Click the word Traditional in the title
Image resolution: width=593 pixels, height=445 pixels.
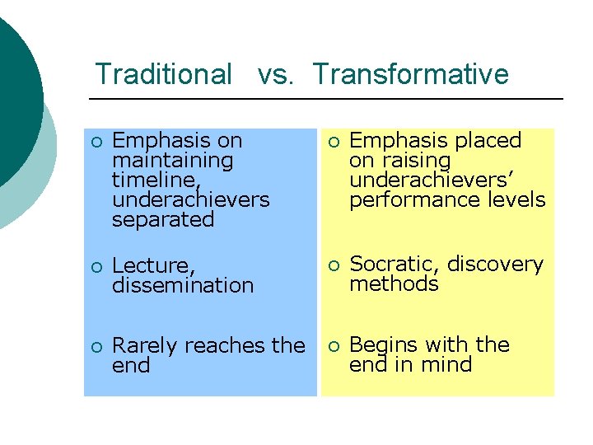163,74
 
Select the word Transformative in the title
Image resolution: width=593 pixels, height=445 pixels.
410,74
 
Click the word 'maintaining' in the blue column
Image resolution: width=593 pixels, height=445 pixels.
172,161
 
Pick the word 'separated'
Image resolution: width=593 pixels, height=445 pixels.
162,220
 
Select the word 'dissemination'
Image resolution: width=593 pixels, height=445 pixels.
182,286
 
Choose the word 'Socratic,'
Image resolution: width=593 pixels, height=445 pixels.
395,265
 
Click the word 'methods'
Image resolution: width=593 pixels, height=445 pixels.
394,284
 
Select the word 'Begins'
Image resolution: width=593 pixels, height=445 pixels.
385,344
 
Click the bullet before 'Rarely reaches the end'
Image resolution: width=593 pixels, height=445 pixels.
96,346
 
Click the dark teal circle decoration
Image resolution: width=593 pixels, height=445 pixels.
15,91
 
